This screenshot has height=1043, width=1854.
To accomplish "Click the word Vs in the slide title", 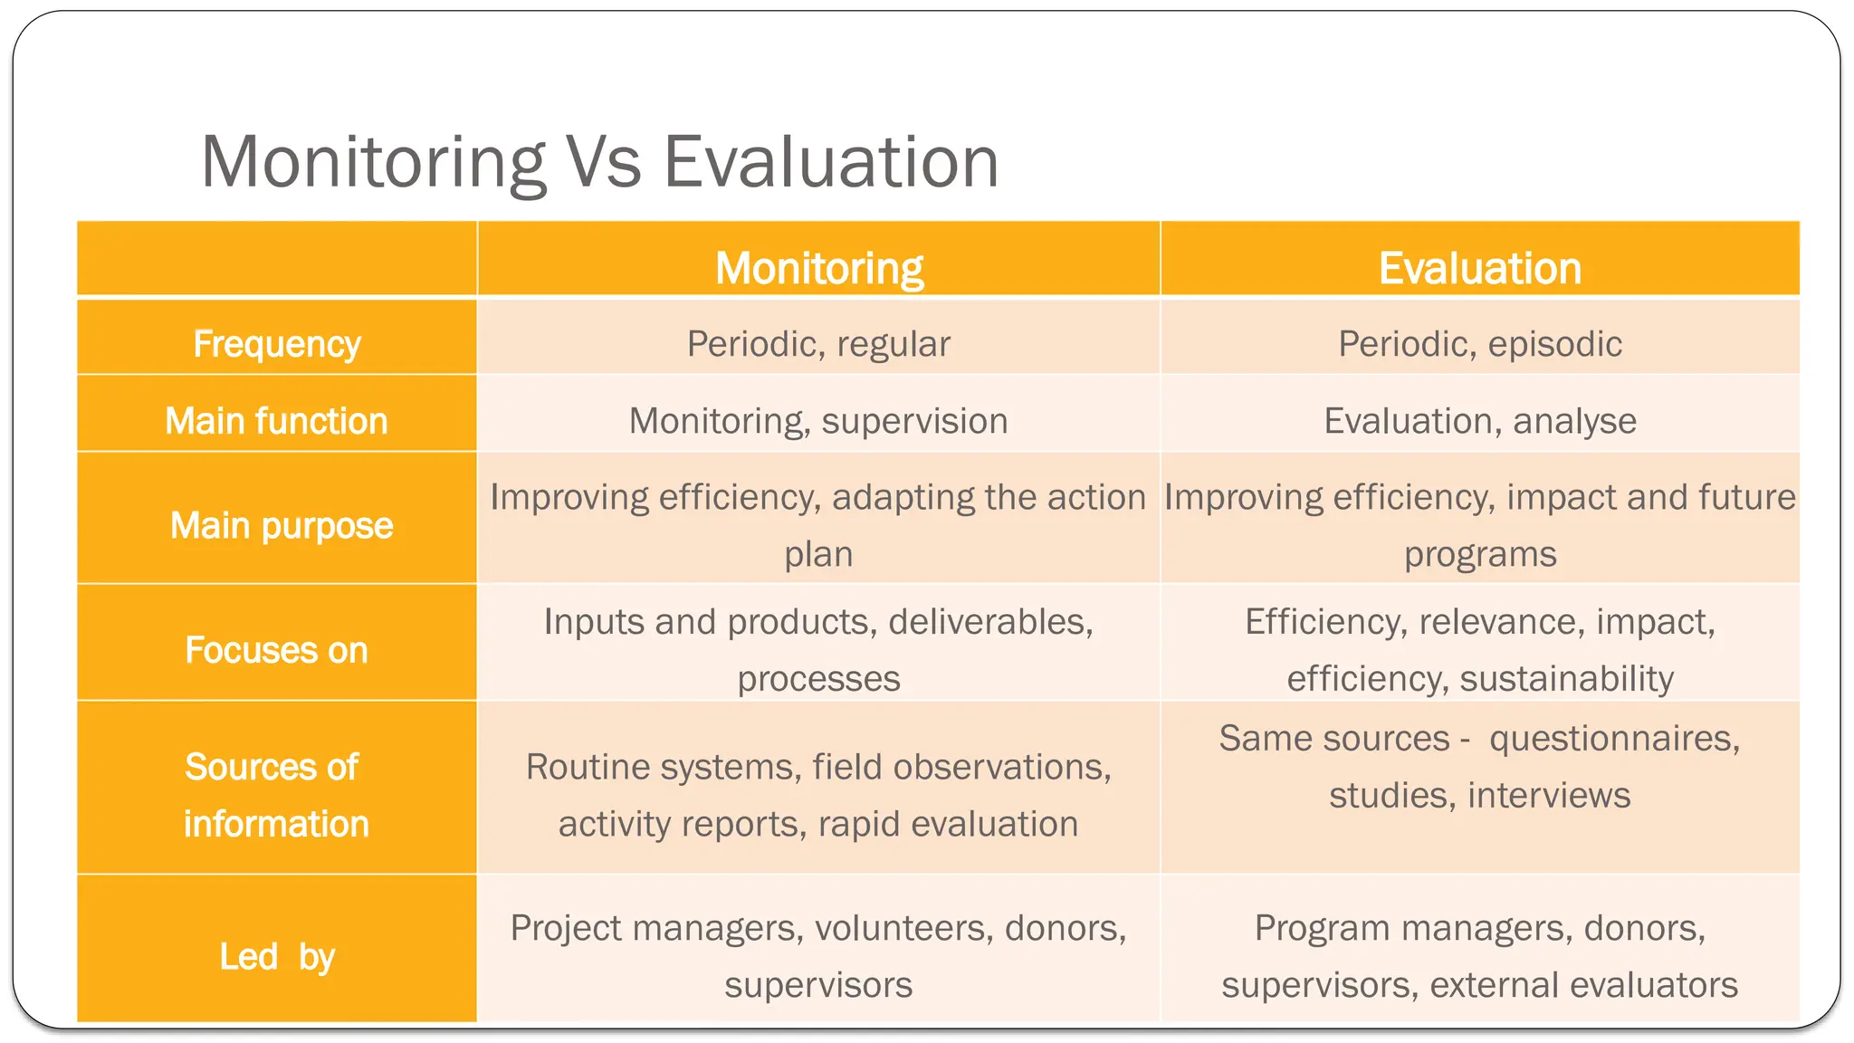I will tap(603, 163).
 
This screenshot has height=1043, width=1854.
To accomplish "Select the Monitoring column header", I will tap(818, 269).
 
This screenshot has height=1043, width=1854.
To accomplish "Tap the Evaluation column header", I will tap(1479, 269).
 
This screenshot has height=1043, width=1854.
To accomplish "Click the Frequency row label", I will tap(276, 345).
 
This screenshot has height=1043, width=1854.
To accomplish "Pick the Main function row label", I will tap(276, 422).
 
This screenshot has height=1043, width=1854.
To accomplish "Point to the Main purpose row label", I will tap(282, 526).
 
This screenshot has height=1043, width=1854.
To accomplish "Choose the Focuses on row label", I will tap(276, 651).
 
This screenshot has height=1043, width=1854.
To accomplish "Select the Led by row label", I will tap(277, 957).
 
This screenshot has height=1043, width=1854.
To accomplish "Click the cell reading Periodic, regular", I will tap(818, 345).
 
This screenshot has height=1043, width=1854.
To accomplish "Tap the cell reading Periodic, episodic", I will tap(1479, 345).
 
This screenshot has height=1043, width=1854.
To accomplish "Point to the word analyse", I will tap(1574, 422).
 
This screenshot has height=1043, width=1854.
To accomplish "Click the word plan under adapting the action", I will tap(818, 554).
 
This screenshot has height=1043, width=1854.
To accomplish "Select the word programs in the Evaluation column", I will tap(1479, 554).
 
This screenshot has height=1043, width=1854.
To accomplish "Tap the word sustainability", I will tap(1566, 679).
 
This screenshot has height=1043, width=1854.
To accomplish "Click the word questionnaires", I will tap(1613, 740).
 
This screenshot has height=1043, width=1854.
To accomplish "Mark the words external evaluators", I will tap(1583, 985).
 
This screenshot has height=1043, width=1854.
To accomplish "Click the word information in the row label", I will tap(276, 825).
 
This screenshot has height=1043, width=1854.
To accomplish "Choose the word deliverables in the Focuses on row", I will tap(990, 623).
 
